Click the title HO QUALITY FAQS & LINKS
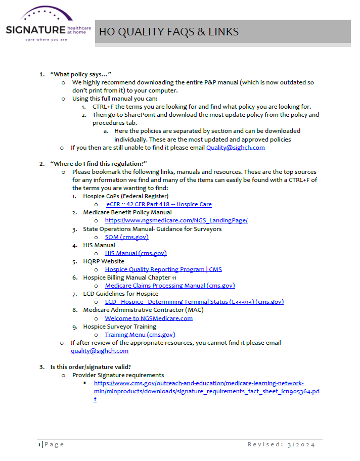(x=168, y=32)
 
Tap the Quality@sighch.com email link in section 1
(x=235, y=148)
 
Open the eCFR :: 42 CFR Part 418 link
(x=159, y=204)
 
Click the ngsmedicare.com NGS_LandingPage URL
(x=176, y=220)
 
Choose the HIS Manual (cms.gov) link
(x=136, y=253)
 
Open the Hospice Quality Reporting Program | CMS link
(x=163, y=269)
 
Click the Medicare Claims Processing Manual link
(x=170, y=286)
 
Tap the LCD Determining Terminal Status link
(x=194, y=302)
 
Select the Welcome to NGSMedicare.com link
(x=149, y=318)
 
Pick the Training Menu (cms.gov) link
(x=140, y=335)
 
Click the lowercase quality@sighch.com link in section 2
(x=100, y=351)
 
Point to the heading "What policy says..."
(x=80, y=74)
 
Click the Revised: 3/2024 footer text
(x=281, y=444)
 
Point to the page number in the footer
(x=39, y=444)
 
